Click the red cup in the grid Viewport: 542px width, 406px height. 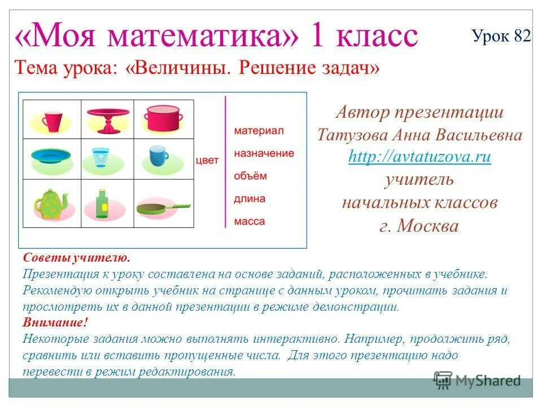click(x=52, y=120)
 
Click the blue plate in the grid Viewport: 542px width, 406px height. click(x=52, y=156)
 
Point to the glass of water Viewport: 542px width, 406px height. click(x=100, y=157)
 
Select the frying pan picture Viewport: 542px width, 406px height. click(x=164, y=208)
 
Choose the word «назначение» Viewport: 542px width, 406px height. click(x=264, y=153)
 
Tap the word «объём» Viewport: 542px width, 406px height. click(x=250, y=176)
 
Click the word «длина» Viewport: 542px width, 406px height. click(x=249, y=199)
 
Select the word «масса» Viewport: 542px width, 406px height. click(x=249, y=222)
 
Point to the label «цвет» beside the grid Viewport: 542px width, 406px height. click(x=207, y=160)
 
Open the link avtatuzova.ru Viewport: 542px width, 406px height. click(x=419, y=157)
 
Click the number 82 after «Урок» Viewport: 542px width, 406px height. click(x=522, y=36)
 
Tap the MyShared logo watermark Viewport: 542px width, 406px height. click(x=478, y=379)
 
